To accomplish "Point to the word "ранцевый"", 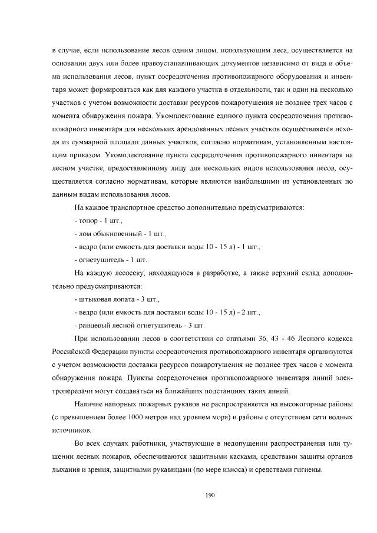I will coord(95,325).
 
